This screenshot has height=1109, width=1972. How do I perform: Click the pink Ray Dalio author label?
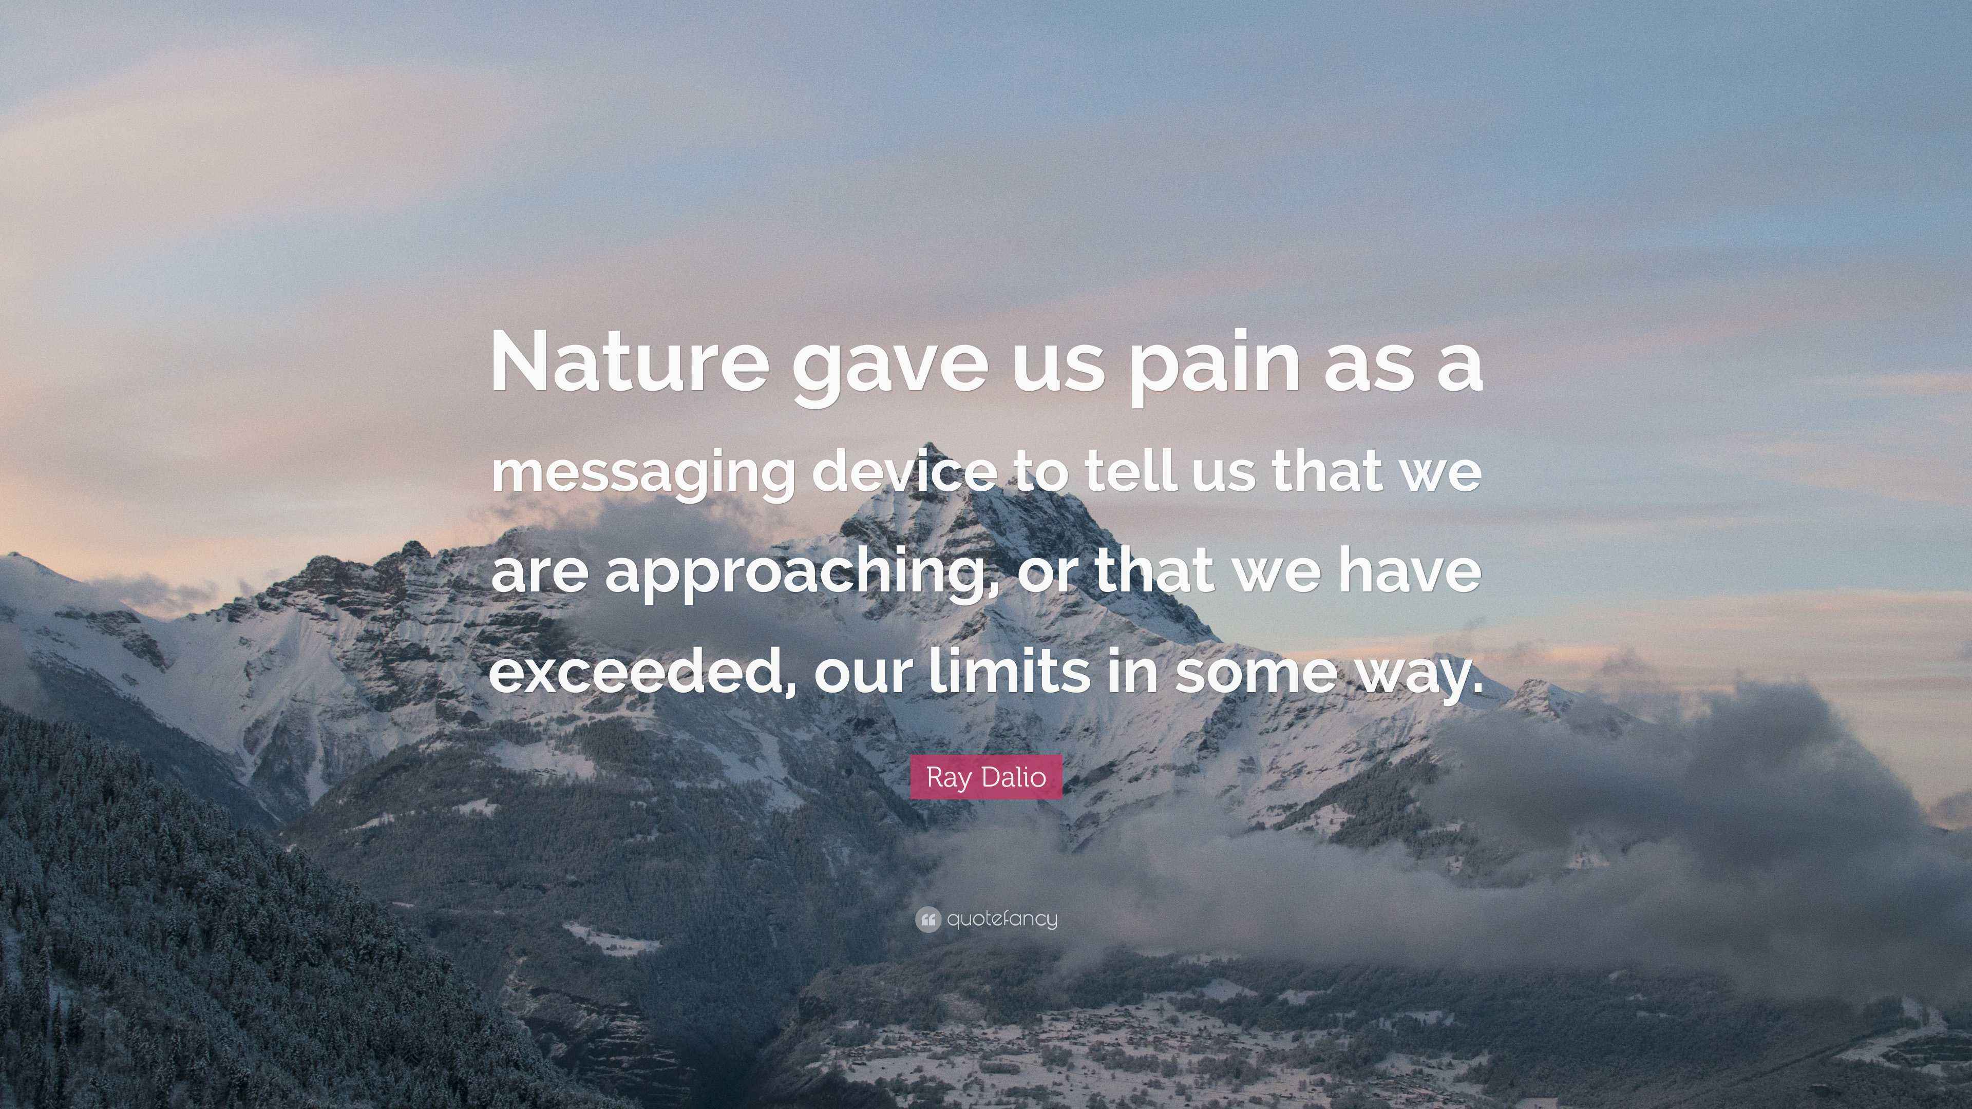[986, 777]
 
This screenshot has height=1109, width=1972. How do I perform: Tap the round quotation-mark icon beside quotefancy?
[928, 919]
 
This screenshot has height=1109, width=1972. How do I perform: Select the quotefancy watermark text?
[1002, 919]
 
